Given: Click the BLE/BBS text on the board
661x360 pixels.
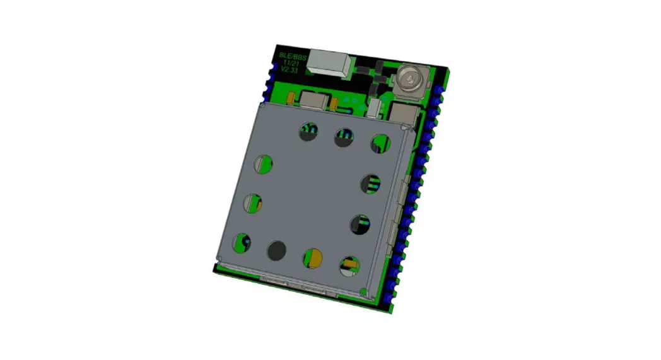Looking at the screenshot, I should (x=291, y=56).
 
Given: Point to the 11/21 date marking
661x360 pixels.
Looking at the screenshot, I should (x=291, y=63).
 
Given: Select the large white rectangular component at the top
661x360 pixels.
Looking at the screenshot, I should (x=330, y=63).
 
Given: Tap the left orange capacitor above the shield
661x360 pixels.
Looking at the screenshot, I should (x=291, y=98).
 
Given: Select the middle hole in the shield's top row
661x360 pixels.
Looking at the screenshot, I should (x=344, y=137).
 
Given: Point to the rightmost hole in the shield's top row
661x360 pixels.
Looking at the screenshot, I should (x=380, y=144).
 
